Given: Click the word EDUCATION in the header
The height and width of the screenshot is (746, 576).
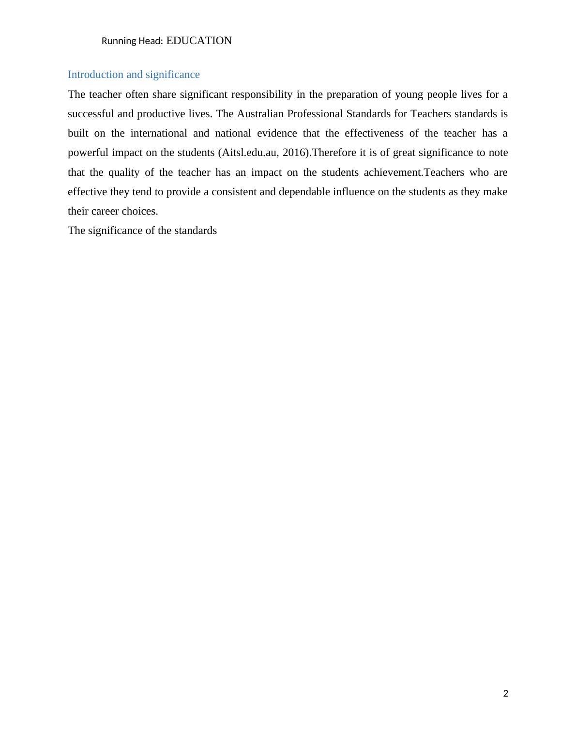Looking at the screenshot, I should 199,41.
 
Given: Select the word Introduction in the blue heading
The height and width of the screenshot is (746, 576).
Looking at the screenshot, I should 95,75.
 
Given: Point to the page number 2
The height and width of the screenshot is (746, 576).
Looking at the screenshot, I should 506,694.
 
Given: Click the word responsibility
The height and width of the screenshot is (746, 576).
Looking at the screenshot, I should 262,94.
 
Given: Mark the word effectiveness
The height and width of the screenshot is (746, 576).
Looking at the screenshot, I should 374,133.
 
